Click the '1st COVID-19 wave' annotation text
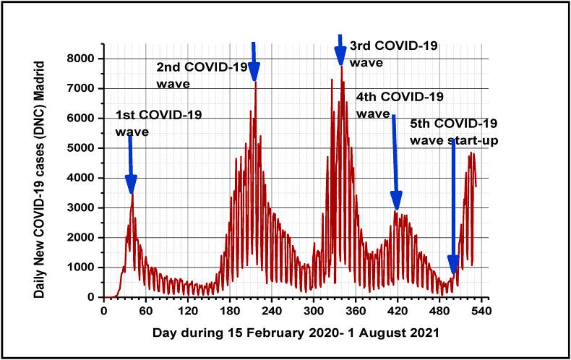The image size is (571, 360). pyautogui.click(x=158, y=123)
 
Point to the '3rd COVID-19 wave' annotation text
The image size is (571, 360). pyautogui.click(x=392, y=53)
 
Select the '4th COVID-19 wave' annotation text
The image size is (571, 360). pyautogui.click(x=400, y=105)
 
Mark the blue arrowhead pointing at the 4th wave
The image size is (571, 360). pyautogui.click(x=396, y=200)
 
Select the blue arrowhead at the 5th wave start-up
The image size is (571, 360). pyautogui.click(x=453, y=266)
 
